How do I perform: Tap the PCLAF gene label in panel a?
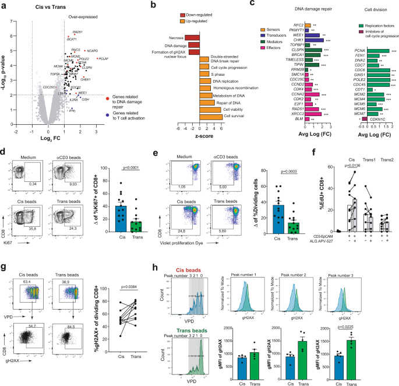point(104,58)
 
